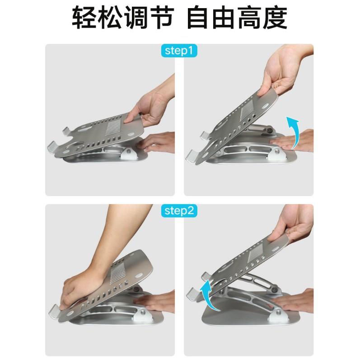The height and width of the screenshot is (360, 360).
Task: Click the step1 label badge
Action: point(180,51)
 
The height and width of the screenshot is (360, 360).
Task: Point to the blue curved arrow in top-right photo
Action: point(295,131)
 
